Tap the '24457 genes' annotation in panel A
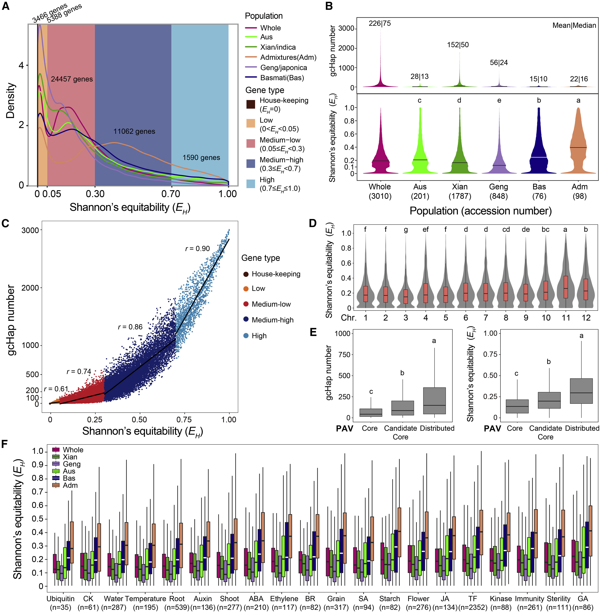point(72,79)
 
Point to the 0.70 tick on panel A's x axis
point(171,194)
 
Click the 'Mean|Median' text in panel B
point(574,25)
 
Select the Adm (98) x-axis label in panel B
point(579,191)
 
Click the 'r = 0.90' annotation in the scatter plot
point(197,249)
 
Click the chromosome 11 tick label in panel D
point(566,318)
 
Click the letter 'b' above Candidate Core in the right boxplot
point(549,362)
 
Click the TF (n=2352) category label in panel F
point(473,603)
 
